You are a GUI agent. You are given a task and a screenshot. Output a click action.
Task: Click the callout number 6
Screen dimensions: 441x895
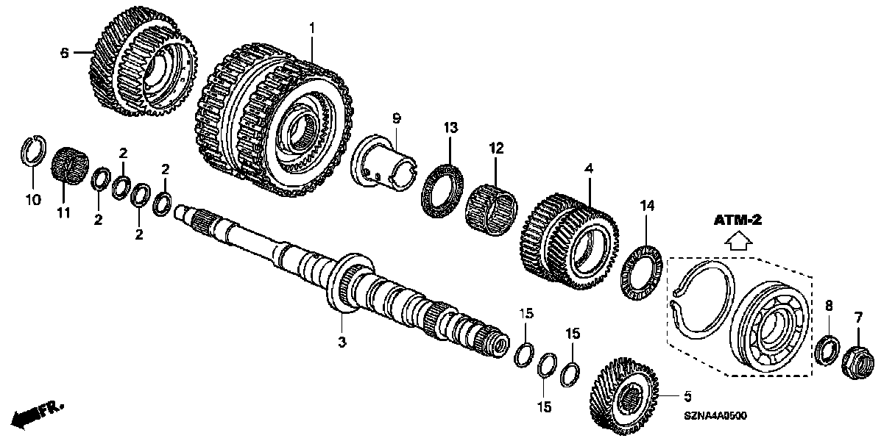coord(65,52)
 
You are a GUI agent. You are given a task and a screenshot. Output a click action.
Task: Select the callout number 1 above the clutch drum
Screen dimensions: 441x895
coord(311,27)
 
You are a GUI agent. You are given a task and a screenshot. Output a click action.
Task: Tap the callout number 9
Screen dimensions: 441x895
coord(396,117)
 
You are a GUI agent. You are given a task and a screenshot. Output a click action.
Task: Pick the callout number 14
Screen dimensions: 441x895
coord(646,208)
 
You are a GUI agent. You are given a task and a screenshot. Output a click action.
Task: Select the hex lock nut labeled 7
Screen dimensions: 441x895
coord(856,359)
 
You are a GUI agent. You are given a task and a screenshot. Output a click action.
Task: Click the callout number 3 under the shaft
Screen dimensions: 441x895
coord(342,342)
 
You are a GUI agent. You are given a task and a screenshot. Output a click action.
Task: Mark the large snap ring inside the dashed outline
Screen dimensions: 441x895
coord(703,301)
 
